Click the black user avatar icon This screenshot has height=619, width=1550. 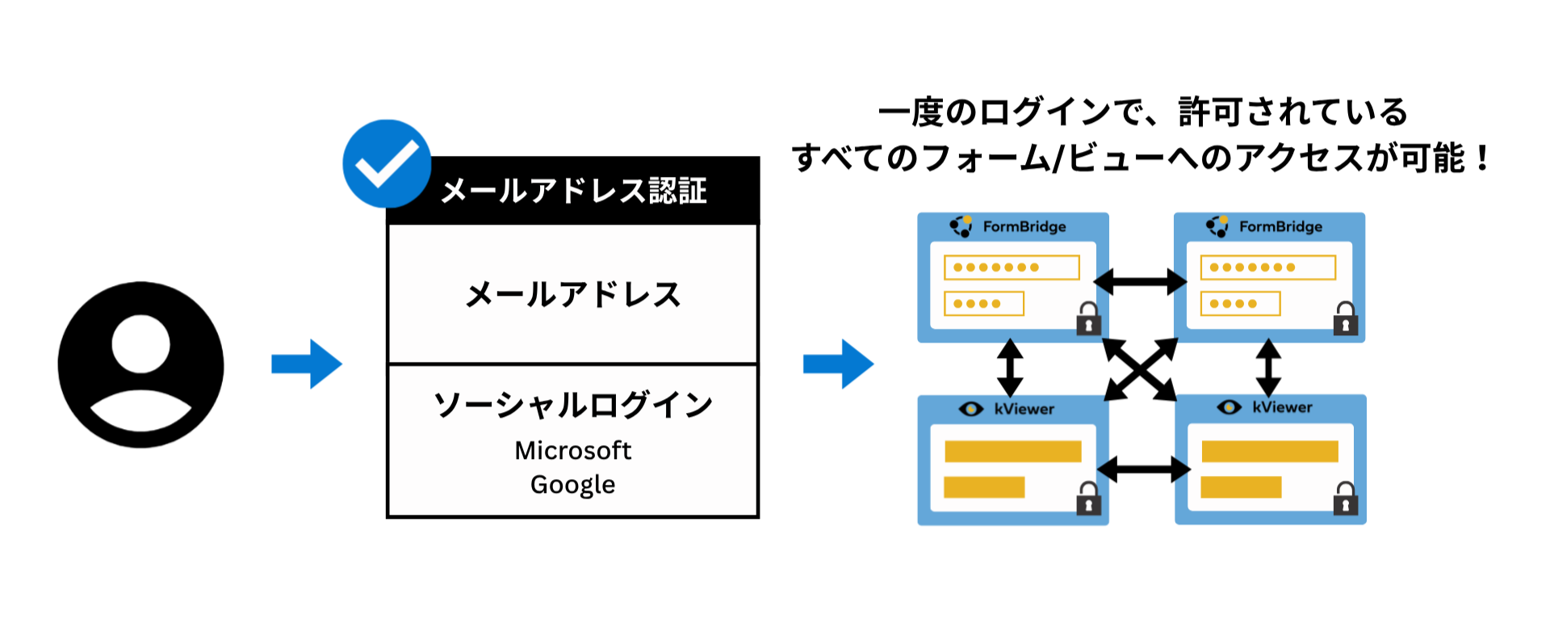point(140,364)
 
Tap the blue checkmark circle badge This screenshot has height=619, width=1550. point(387,164)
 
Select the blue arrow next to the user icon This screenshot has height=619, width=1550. point(307,364)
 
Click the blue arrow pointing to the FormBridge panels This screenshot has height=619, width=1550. point(838,364)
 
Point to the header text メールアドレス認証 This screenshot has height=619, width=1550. point(573,192)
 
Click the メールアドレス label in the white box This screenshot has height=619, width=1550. point(573,295)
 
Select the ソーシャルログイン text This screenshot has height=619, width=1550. point(573,405)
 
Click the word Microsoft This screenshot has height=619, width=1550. point(573,450)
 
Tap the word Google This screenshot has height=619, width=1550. point(573,485)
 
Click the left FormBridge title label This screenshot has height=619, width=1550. point(1024,227)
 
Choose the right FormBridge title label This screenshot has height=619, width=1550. point(1280,227)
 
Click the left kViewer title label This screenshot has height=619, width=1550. point(1024,409)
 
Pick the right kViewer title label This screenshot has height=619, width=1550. point(1282,407)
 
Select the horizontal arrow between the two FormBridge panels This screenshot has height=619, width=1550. point(1140,282)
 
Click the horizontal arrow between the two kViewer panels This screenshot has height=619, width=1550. point(1143,469)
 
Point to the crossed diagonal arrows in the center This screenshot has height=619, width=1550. point(1140,369)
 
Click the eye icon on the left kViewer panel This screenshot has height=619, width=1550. point(970,409)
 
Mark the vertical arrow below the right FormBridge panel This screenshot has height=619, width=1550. point(1268,368)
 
